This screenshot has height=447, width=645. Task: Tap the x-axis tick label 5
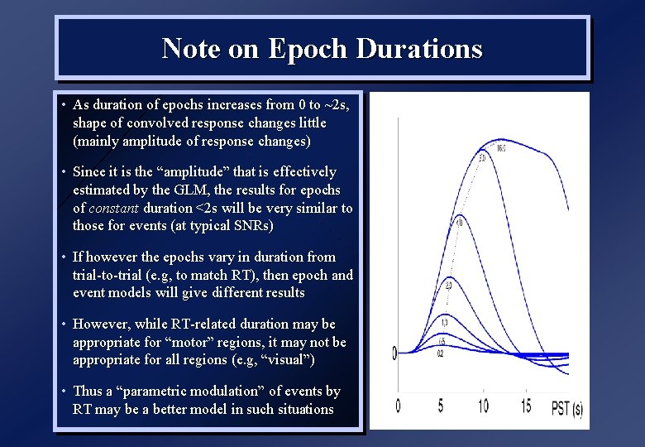[440, 406]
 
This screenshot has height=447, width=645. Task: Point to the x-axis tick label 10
[483, 406]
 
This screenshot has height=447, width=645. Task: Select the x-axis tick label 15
[526, 406]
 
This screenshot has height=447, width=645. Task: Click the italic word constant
[112, 209]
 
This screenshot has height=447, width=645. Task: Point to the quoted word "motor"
[196, 342]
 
